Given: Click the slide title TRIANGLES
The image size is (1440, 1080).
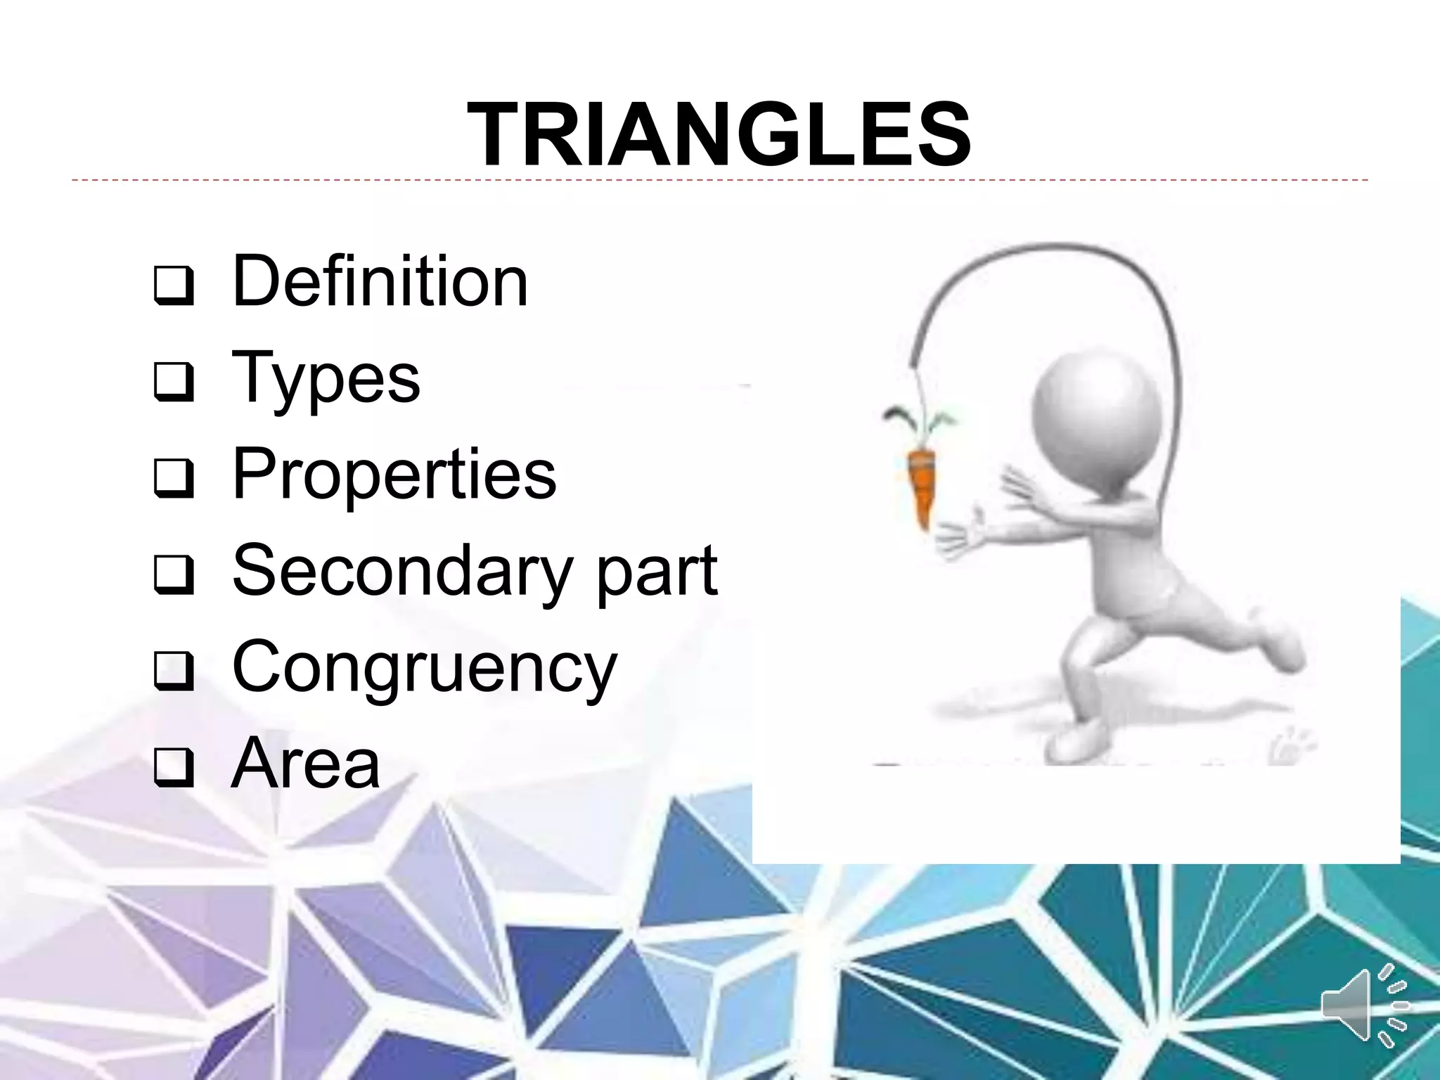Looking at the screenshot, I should pos(719,134).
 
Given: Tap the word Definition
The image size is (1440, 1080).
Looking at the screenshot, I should pos(380,281).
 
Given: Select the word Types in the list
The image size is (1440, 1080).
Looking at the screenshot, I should pos(326,380).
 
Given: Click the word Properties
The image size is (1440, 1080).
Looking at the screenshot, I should pos(394,475).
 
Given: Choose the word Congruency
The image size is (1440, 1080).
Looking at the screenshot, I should pos(424,669).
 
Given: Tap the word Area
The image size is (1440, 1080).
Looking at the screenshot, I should pos(306,764).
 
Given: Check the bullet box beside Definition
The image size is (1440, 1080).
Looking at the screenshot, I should pos(173,285).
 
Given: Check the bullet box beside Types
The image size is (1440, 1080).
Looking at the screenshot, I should pos(173,381).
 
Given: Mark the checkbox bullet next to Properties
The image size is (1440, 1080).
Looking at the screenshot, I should pos(173,477).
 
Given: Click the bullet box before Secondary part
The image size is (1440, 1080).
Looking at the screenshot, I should pos(173,574).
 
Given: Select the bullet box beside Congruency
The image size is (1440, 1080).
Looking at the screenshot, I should pos(173,670).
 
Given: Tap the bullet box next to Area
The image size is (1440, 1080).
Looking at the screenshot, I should pos(173,766).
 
